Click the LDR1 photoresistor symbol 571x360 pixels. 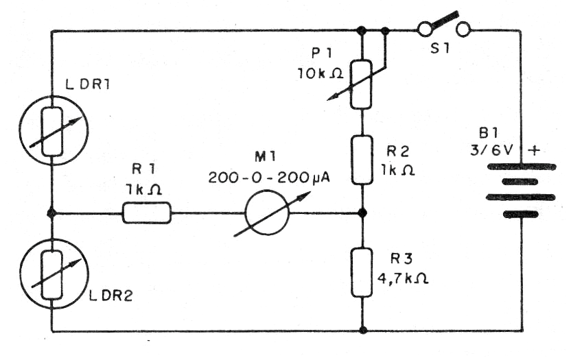pyautogui.click(x=51, y=128)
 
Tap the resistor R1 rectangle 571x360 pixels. pyautogui.click(x=146, y=214)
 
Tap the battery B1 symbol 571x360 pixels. pyautogui.click(x=520, y=189)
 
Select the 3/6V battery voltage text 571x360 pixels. pyautogui.click(x=489, y=148)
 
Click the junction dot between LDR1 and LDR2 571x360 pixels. pyautogui.click(x=51, y=213)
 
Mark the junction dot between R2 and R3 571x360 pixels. pyautogui.click(x=362, y=213)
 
